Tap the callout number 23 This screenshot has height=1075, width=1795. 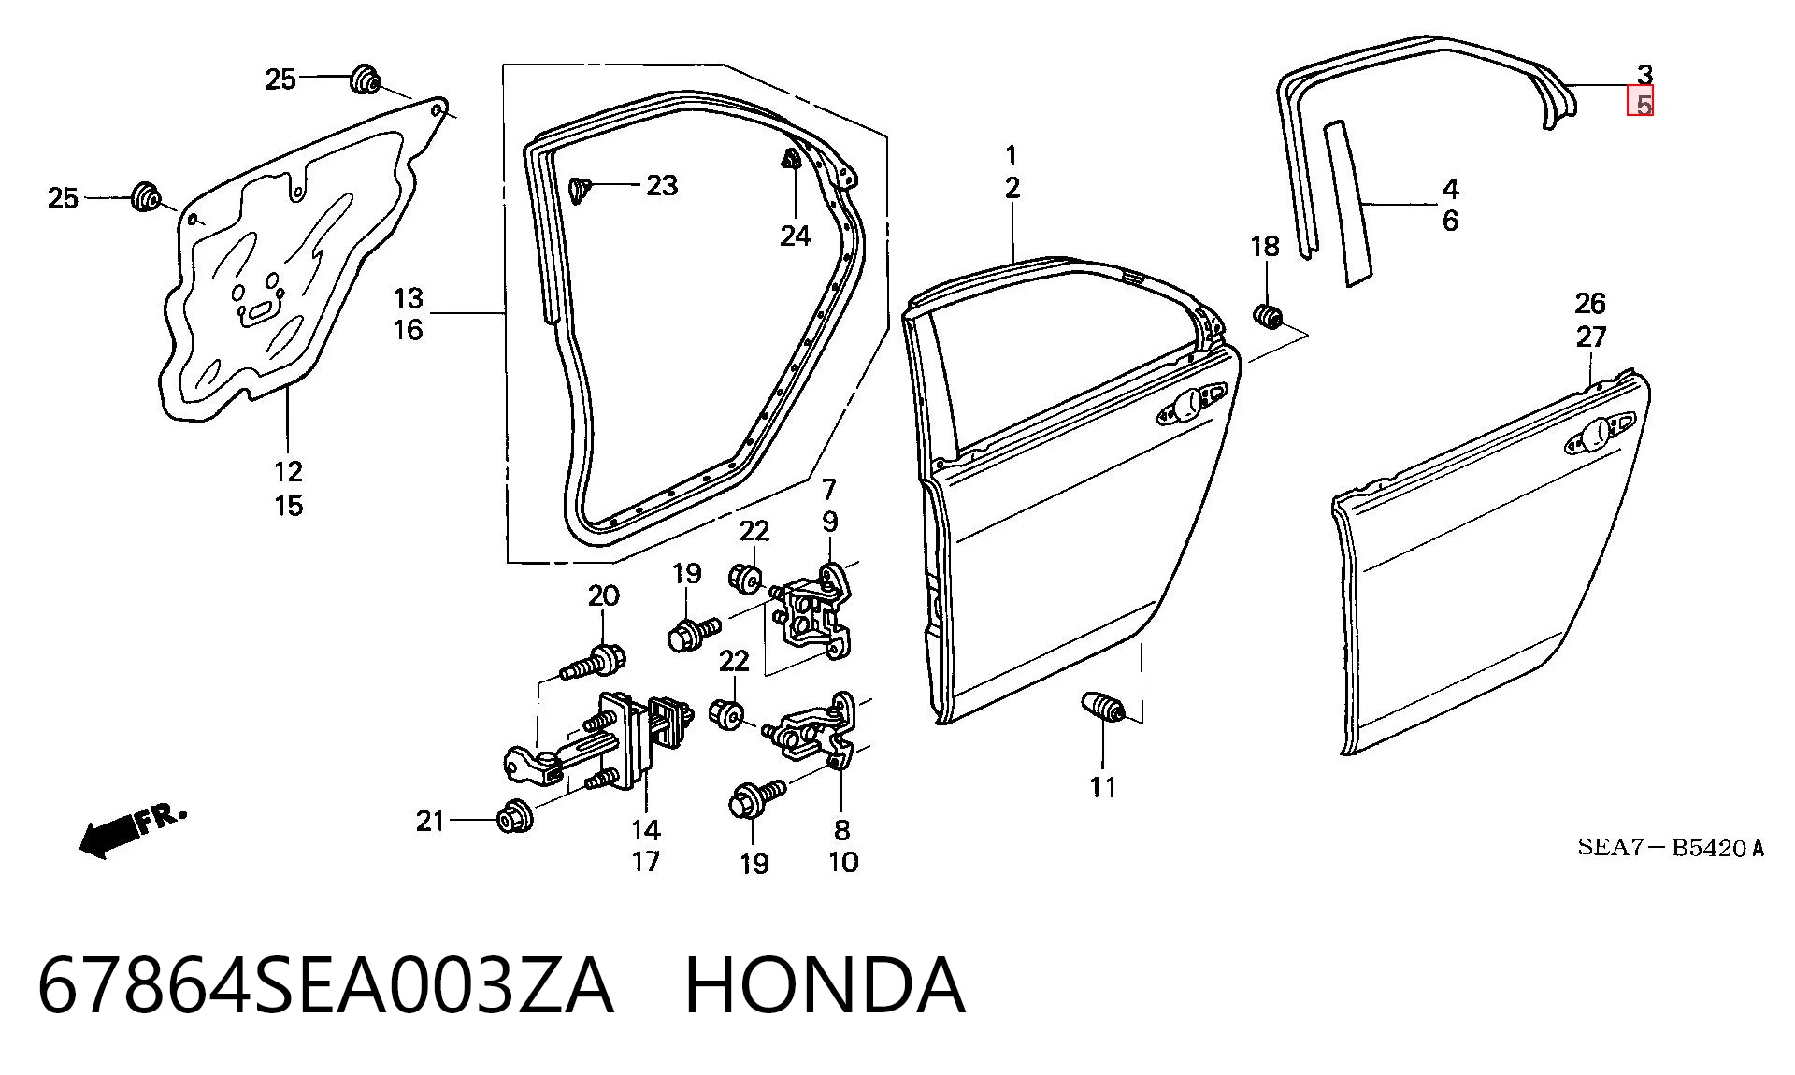pos(662,185)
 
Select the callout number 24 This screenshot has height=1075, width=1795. pos(796,236)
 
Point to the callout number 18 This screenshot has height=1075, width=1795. pos(1265,246)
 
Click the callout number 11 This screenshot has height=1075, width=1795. pos(1103,787)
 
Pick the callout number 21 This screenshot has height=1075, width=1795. pos(430,821)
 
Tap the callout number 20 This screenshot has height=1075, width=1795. pos(603,595)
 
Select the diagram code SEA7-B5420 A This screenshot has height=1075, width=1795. pos(1671,848)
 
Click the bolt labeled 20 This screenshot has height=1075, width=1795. pos(594,664)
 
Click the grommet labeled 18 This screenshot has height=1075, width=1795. pos(1267,317)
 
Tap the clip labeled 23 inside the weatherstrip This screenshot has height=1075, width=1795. pos(580,190)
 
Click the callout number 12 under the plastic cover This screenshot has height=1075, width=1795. pos(289,471)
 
